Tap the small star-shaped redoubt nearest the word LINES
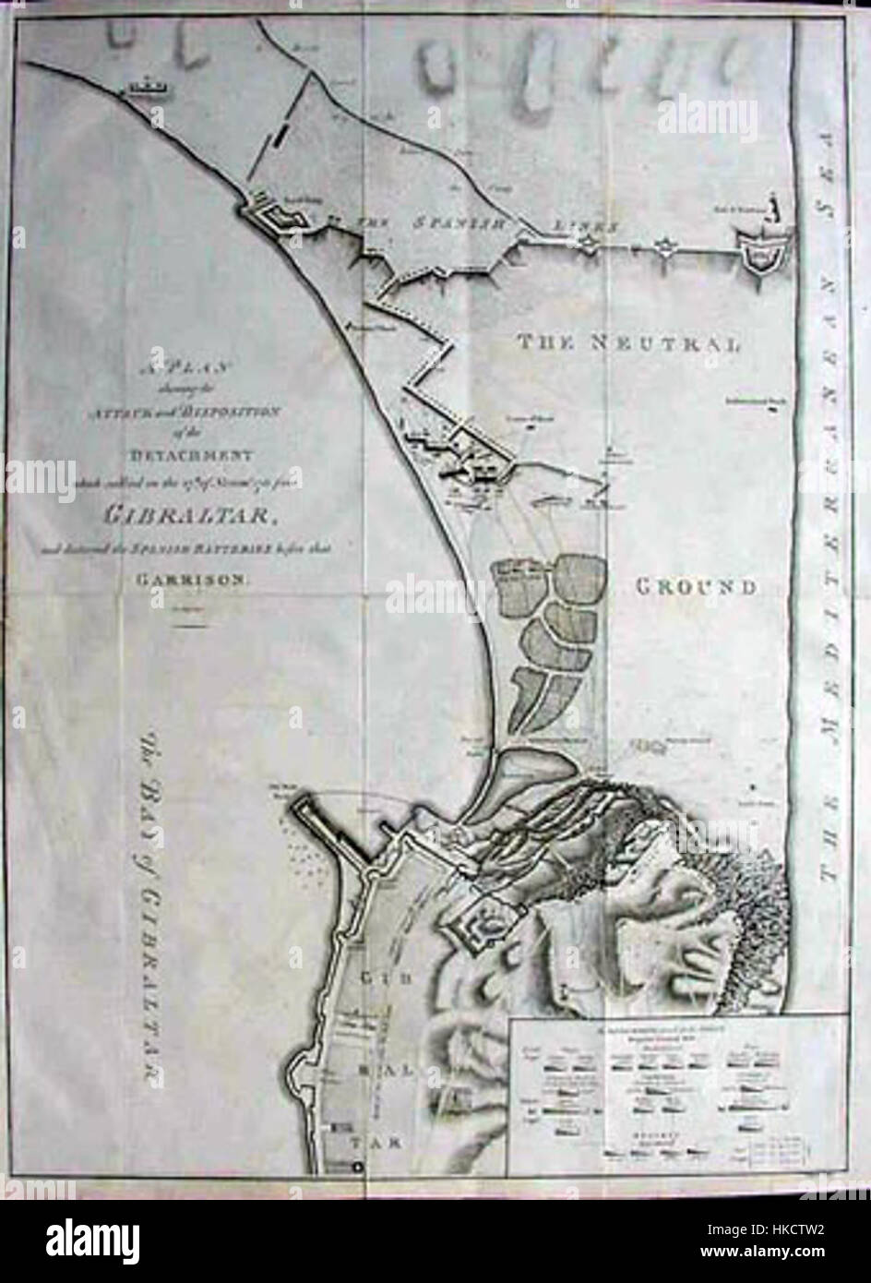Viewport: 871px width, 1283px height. coord(587,242)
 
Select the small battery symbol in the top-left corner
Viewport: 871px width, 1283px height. coord(146,88)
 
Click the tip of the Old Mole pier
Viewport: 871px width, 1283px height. coord(297,807)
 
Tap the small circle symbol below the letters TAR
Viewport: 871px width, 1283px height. coord(357,1169)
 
